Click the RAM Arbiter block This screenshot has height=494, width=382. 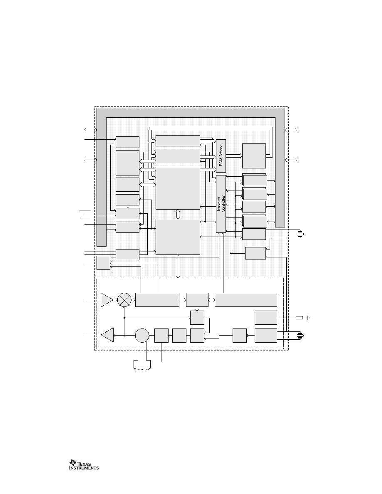(221, 156)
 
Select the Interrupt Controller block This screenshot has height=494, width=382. (221, 204)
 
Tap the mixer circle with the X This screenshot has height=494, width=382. (124, 300)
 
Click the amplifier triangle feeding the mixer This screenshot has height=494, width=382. (107, 300)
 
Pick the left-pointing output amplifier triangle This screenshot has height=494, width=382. (107, 335)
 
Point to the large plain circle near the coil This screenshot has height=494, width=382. (142, 335)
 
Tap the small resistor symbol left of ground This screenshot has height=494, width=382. (300, 318)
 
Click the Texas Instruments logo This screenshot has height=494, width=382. (84, 464)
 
